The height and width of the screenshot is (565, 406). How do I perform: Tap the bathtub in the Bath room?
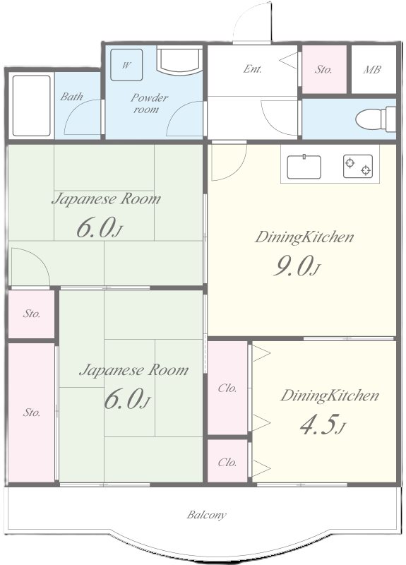tap(31, 105)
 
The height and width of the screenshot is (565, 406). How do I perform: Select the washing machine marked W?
tap(126, 65)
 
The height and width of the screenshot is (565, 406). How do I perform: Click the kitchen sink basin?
tap(304, 167)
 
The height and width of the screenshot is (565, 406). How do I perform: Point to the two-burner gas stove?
tap(358, 166)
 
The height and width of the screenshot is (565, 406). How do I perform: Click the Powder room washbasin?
tap(179, 61)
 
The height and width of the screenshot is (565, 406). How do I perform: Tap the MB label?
tap(372, 69)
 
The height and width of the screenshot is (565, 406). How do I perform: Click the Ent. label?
tap(252, 69)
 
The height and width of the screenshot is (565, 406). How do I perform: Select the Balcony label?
tap(206, 515)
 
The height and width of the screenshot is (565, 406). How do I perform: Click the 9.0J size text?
tap(297, 267)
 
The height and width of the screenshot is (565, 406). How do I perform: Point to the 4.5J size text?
tap(323, 426)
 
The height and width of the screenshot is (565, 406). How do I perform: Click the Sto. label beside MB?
tap(323, 69)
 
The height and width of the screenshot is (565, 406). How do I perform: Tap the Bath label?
tap(71, 96)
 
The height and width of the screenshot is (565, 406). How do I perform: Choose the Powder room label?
tap(149, 103)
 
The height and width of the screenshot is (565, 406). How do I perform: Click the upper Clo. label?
tap(227, 388)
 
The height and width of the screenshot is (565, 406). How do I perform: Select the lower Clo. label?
tap(227, 463)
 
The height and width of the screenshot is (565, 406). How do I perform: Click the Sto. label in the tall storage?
tap(31, 412)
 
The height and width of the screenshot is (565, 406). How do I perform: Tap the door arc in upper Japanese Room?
tap(40, 258)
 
